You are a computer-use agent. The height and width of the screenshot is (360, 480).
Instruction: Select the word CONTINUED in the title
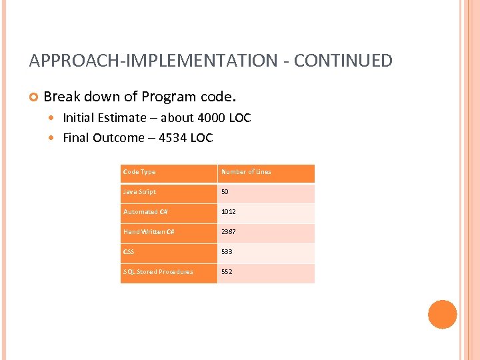point(343,61)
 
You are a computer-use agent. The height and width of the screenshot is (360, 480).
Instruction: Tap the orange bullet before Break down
point(33,97)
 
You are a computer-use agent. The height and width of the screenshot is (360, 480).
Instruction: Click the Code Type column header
point(139,172)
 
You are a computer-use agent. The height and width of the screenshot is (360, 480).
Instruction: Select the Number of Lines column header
point(246,172)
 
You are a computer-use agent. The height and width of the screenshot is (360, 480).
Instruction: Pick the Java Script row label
point(139,192)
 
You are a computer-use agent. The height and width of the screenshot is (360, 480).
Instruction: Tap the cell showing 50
point(225,192)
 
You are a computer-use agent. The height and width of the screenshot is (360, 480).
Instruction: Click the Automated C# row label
point(145,212)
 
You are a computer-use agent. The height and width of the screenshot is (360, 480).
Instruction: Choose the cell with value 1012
point(229,212)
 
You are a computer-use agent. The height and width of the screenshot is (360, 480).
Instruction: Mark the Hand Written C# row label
point(149,232)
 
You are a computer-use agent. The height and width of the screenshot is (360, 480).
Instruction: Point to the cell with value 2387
point(229,232)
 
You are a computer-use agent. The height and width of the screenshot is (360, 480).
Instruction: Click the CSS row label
point(129,252)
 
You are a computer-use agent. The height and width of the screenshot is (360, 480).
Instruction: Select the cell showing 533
point(227,252)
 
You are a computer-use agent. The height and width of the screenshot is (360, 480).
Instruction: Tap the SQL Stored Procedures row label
point(158,272)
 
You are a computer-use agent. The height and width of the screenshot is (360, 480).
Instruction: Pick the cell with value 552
point(227,272)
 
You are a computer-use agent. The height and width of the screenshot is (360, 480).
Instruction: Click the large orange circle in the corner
point(442,315)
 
